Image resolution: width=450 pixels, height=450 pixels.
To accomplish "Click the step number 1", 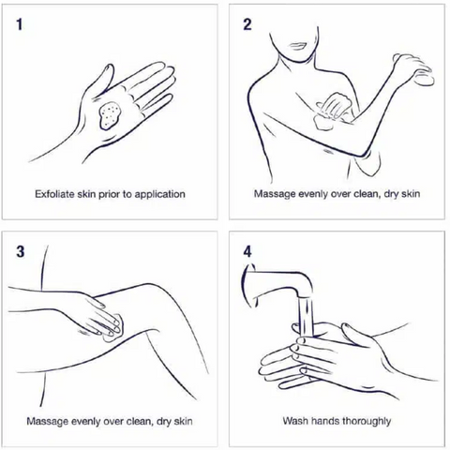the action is pos(20,24).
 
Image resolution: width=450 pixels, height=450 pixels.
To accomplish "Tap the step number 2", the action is pos(247,24).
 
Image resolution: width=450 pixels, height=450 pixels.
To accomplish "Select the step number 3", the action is pos(20,251).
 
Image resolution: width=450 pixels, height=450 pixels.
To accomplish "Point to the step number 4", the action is pos(247,251).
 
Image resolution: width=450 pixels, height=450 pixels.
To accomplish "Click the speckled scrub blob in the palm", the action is pos(111,115).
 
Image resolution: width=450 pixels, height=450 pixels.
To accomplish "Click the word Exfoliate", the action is pos(54,194).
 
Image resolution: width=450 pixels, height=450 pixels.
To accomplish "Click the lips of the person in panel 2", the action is pos(297,46).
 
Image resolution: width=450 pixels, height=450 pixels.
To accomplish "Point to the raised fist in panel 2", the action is pos(412,69).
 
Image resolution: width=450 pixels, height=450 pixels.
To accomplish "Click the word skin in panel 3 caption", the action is pos(183,421).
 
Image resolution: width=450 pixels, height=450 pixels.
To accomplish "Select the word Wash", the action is pos(294,421).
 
